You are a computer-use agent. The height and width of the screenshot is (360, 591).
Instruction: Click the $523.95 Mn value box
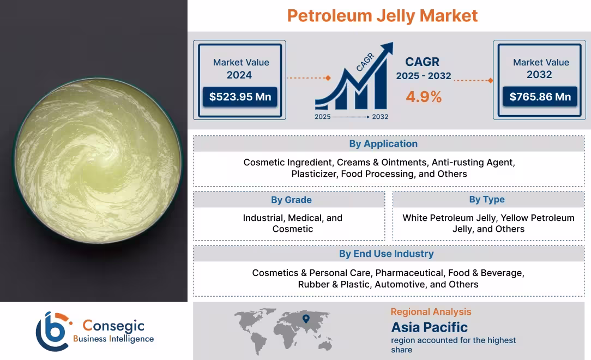[240, 97]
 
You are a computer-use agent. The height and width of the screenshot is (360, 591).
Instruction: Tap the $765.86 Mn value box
[540, 97]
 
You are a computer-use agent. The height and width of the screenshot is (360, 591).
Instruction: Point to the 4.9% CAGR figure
[424, 97]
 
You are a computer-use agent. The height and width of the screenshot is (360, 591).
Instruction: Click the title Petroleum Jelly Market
[382, 15]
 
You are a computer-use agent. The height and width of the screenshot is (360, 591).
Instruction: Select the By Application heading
[383, 144]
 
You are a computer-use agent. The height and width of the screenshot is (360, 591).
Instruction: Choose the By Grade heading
[291, 200]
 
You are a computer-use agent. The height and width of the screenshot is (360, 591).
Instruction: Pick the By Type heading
[487, 200]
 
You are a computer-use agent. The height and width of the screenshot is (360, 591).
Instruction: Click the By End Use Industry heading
[386, 254]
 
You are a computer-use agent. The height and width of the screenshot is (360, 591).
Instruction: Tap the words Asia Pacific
[429, 327]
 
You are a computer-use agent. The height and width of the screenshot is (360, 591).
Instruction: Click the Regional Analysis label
[431, 312]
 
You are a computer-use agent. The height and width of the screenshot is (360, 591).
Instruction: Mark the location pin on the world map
[306, 318]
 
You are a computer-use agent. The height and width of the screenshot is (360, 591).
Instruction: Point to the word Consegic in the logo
[113, 326]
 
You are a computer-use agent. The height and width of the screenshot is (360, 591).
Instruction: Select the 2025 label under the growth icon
[322, 117]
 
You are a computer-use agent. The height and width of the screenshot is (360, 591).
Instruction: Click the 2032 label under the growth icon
[380, 117]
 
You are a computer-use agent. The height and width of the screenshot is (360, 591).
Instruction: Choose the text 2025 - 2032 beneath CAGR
[424, 76]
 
